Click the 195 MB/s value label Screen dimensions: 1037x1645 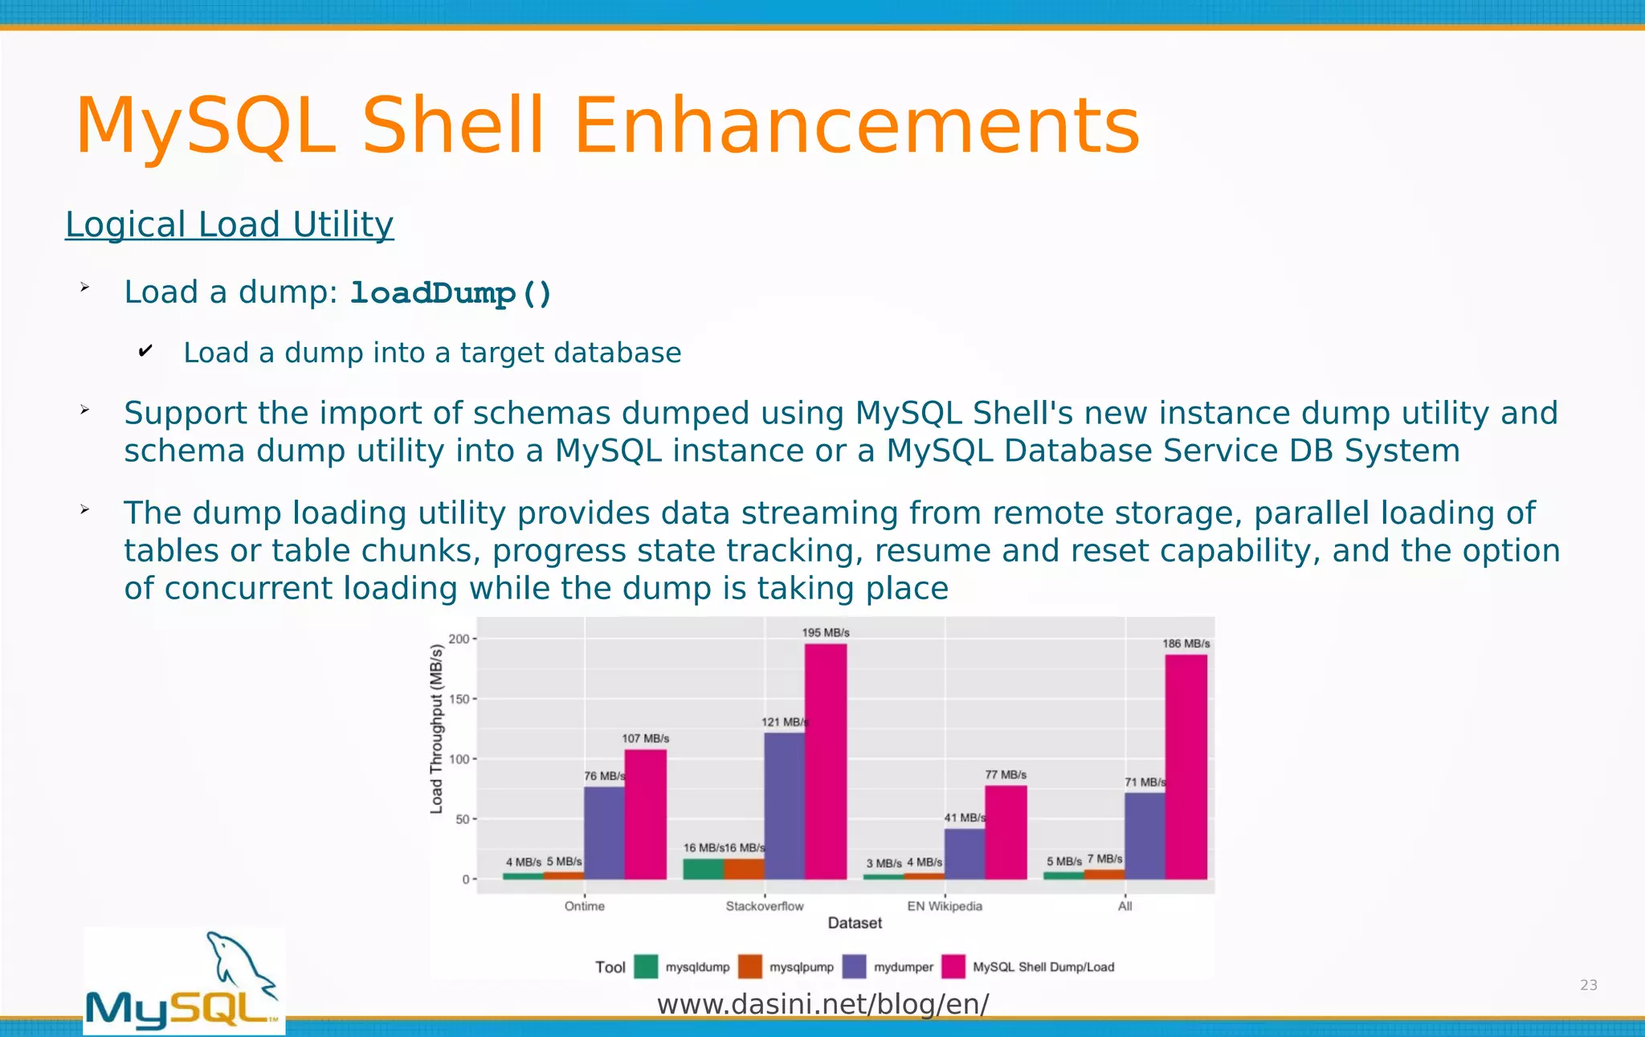[x=825, y=633]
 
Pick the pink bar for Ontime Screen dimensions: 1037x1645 [x=645, y=814]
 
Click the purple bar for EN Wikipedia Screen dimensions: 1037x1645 [x=964, y=854]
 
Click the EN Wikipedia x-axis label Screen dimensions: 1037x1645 [x=945, y=906]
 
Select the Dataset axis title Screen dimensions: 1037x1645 [x=855, y=924]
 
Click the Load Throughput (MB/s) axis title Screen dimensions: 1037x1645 [x=437, y=729]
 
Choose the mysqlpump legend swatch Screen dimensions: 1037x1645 [x=749, y=966]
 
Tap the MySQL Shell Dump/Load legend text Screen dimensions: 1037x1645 [x=1043, y=967]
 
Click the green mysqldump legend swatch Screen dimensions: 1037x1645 [x=646, y=966]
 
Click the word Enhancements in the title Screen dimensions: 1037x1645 [x=856, y=126]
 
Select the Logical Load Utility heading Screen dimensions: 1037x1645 [x=229, y=224]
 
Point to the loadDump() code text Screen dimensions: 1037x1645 [x=451, y=293]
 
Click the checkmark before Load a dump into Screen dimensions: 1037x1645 [x=145, y=351]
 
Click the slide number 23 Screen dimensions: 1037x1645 [x=1588, y=986]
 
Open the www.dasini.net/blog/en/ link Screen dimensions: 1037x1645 [x=822, y=1004]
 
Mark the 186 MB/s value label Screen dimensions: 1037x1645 [x=1186, y=643]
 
